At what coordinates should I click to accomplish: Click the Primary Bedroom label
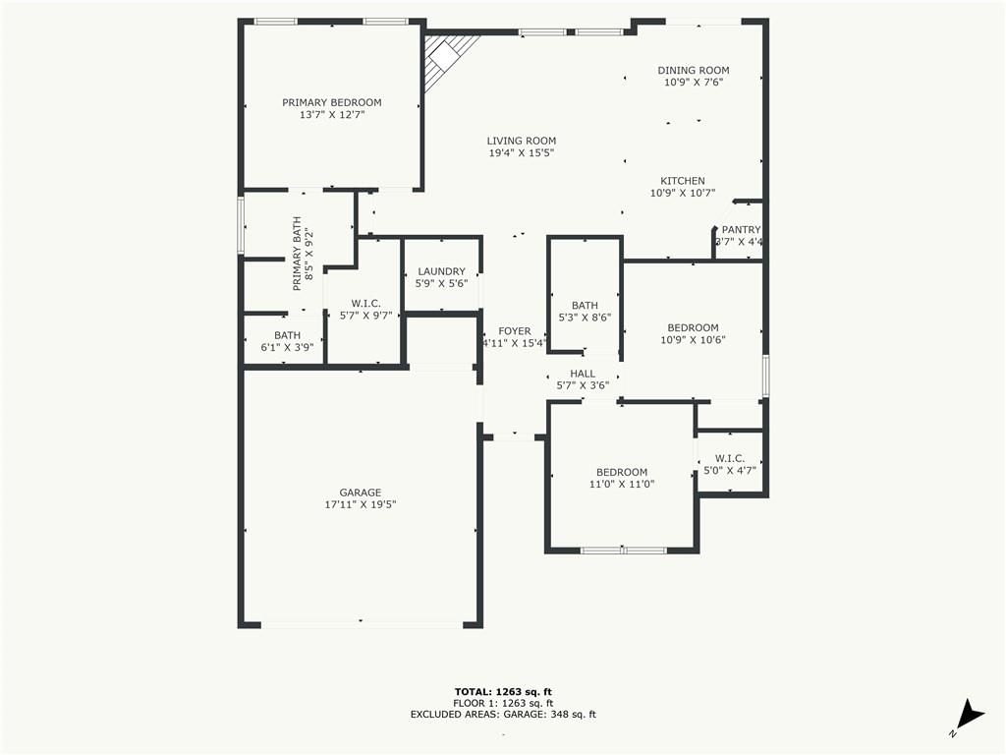pyautogui.click(x=332, y=102)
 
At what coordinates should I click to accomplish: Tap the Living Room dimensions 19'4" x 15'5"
pyautogui.click(x=521, y=152)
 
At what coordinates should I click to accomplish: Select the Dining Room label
pyautogui.click(x=694, y=70)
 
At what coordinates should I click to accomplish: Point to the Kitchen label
pyautogui.click(x=683, y=181)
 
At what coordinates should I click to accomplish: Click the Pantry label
pyautogui.click(x=741, y=230)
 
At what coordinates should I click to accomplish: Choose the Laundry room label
pyautogui.click(x=441, y=271)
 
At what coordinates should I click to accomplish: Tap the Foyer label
pyautogui.click(x=515, y=331)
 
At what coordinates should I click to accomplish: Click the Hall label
pyautogui.click(x=583, y=374)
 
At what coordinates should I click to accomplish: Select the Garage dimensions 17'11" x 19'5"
pyautogui.click(x=361, y=504)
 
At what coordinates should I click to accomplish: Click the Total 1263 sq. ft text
pyautogui.click(x=503, y=691)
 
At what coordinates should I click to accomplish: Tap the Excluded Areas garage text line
pyautogui.click(x=503, y=714)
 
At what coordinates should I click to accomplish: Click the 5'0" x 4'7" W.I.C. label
pyautogui.click(x=730, y=464)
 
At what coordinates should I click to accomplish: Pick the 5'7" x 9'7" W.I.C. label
pyautogui.click(x=365, y=310)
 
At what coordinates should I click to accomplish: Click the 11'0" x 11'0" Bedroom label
pyautogui.click(x=622, y=479)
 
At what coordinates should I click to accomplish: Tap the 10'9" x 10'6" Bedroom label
pyautogui.click(x=693, y=334)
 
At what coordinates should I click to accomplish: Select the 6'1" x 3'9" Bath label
pyautogui.click(x=287, y=341)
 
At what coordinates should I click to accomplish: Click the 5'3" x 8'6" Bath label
pyautogui.click(x=585, y=312)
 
